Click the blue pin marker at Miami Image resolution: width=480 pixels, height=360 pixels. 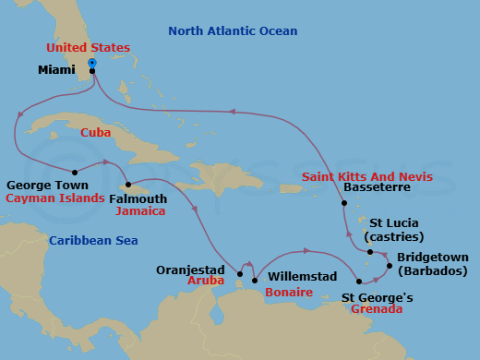click(92, 64)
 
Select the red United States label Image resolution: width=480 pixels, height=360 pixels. click(90, 47)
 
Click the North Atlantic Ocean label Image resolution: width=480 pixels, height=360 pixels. click(233, 31)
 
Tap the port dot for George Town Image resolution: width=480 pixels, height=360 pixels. click(74, 171)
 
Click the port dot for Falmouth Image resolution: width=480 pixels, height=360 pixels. click(127, 184)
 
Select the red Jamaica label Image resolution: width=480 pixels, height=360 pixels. click(141, 211)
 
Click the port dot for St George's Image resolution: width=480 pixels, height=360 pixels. click(359, 281)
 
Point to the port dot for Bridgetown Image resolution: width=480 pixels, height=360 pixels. click(390, 267)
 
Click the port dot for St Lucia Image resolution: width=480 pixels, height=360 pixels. click(369, 252)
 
